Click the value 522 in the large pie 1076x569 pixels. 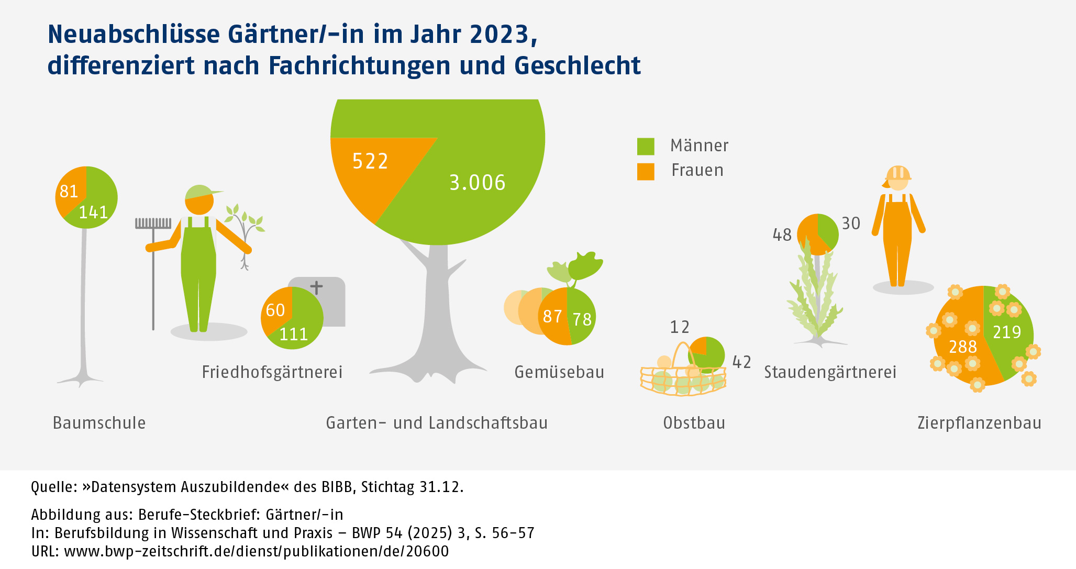(x=370, y=161)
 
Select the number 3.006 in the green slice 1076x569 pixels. (x=478, y=183)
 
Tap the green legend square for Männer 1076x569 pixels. (x=646, y=147)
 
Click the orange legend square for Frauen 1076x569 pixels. (x=646, y=172)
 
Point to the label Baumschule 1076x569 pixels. (x=99, y=423)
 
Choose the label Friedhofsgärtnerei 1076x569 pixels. (x=272, y=372)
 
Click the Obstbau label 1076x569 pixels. (x=694, y=423)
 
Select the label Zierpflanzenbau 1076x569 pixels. (x=979, y=423)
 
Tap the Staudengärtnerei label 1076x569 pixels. (x=830, y=372)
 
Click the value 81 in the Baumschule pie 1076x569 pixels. (x=69, y=192)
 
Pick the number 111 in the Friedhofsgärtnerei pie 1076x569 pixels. (x=294, y=334)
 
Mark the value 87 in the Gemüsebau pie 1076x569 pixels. (x=552, y=317)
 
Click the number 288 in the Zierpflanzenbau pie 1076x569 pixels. (x=963, y=347)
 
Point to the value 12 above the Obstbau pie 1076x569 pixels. (x=680, y=327)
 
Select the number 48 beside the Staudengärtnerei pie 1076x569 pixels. (x=782, y=235)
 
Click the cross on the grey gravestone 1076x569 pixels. (x=316, y=287)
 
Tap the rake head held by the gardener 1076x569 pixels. (x=153, y=224)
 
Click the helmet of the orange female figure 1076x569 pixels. (x=898, y=173)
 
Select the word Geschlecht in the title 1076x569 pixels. (x=578, y=66)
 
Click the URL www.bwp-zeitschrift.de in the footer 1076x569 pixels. (x=256, y=551)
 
